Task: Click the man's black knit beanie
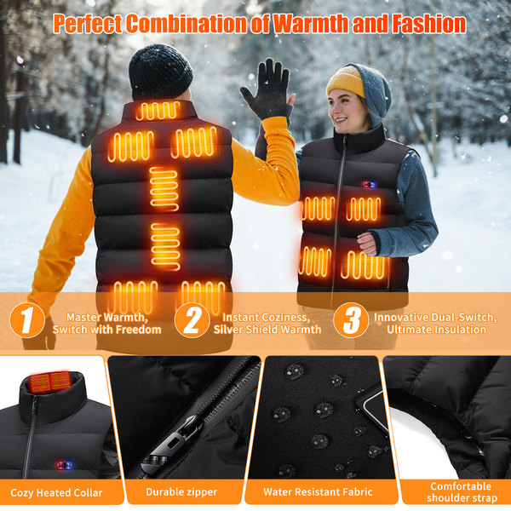click(x=160, y=72)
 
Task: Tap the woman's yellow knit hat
click(x=346, y=81)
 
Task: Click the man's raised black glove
click(x=267, y=89)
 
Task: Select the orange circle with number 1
click(x=27, y=320)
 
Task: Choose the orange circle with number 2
click(x=192, y=320)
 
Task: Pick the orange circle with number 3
click(x=351, y=320)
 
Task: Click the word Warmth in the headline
click(x=311, y=24)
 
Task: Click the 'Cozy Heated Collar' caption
click(x=56, y=492)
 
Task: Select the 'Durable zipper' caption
click(x=181, y=491)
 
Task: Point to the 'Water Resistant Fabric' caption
click(x=318, y=491)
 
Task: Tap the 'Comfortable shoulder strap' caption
click(x=462, y=492)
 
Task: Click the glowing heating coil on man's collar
click(x=158, y=111)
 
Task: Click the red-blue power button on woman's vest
click(x=369, y=185)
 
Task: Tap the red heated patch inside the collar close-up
click(x=50, y=382)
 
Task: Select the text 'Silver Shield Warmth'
click(x=267, y=329)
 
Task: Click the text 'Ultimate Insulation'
click(x=436, y=329)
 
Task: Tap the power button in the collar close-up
click(x=64, y=465)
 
